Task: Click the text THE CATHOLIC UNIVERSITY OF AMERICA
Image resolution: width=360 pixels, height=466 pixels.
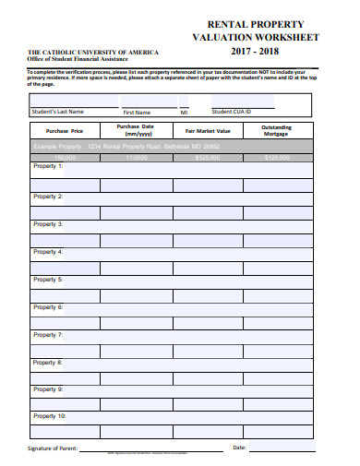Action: pos(92,53)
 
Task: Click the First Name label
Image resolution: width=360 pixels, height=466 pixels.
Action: pos(137,113)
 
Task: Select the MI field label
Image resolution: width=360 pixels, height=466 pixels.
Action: pos(184,113)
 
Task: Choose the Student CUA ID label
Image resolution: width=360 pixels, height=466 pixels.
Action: pos(231,112)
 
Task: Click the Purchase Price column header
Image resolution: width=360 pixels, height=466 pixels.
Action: pos(65,131)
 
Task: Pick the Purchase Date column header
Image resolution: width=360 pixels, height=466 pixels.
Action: pos(135,130)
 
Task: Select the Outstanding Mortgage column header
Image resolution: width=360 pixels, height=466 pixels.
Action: pos(276,130)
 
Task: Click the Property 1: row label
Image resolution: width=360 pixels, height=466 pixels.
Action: pos(48,167)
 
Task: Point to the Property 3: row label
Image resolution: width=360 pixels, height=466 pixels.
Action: pos(48,223)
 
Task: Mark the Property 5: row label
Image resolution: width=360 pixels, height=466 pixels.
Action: pos(48,279)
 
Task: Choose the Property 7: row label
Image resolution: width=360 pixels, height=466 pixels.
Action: pos(48,334)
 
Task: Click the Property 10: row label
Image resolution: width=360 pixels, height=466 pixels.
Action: pos(50,416)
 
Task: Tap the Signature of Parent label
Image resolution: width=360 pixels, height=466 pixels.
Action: pos(53,448)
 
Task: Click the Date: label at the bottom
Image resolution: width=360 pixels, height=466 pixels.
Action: pos(240,448)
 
